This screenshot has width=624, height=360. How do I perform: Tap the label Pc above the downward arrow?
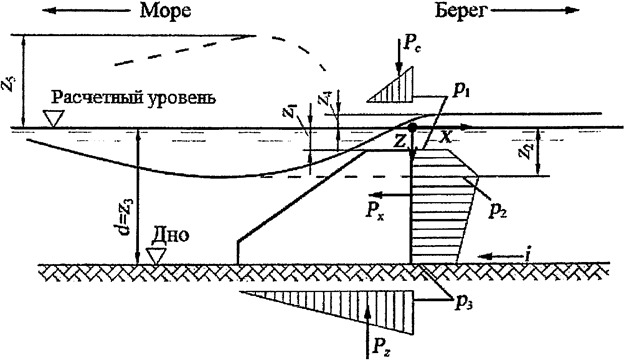point(416,45)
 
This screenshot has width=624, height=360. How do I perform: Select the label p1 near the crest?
point(462,92)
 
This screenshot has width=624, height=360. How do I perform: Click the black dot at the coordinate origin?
point(412,128)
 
